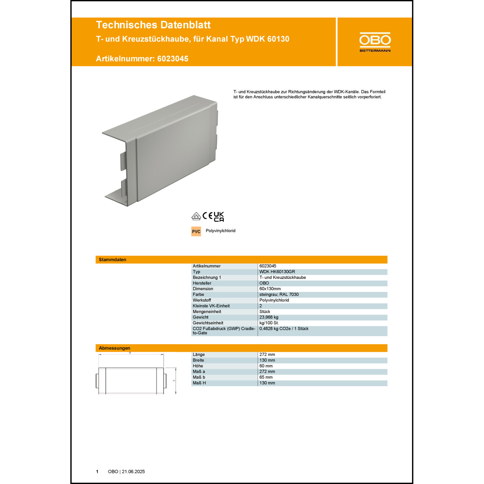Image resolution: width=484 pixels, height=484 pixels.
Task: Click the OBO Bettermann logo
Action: [x=375, y=42]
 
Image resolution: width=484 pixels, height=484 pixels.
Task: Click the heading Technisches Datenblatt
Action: [x=153, y=25]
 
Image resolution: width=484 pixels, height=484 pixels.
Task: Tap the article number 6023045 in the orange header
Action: [x=173, y=59]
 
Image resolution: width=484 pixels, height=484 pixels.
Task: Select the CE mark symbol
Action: [x=207, y=216]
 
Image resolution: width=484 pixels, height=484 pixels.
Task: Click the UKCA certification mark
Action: [x=219, y=217]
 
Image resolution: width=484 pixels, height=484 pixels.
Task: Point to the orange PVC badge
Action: [x=196, y=231]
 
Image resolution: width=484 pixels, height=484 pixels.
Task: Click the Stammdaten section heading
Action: [x=113, y=259]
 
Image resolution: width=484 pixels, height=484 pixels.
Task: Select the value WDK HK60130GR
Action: [x=277, y=272]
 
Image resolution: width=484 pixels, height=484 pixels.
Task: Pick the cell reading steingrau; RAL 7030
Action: [x=279, y=295]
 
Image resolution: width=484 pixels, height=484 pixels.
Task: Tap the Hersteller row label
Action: [x=202, y=283]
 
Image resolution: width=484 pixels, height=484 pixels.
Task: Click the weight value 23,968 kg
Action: [x=269, y=317]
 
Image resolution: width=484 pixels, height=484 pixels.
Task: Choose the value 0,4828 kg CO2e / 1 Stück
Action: [x=284, y=328]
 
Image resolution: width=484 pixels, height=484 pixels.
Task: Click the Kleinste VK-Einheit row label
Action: [x=211, y=306]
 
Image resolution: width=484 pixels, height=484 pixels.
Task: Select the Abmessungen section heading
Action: [x=115, y=348]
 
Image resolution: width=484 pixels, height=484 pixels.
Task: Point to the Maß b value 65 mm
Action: [x=266, y=377]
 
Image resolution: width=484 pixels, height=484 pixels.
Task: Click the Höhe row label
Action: [x=198, y=366]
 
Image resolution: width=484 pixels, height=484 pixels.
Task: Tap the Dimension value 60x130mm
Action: [x=270, y=289]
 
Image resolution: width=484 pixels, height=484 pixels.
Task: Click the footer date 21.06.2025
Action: [x=133, y=471]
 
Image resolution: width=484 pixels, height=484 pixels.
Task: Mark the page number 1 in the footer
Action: [x=97, y=471]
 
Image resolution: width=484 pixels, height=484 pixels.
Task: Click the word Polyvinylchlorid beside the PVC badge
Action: [x=221, y=231]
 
